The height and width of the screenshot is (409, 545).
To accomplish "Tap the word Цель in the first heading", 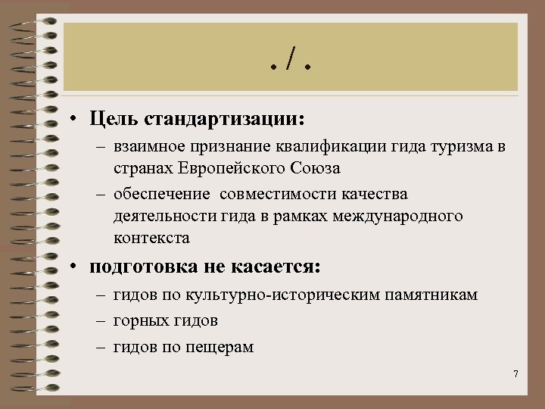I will tap(113, 120).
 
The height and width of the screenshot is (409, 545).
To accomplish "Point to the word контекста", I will tap(151, 238).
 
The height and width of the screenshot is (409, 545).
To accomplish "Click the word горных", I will tap(137, 321).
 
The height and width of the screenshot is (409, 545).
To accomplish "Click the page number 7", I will tap(515, 374).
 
